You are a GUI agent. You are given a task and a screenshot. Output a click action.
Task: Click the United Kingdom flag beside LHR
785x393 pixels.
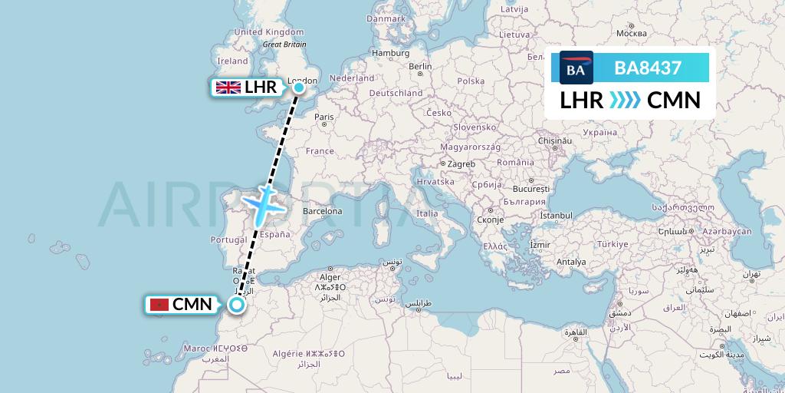coord(228,88)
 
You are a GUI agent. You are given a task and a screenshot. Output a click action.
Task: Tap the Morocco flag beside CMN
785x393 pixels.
coord(159,305)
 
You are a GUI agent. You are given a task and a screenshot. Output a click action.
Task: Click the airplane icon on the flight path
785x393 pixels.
coord(264,202)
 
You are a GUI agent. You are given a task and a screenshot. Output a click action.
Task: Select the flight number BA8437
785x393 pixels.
coord(648,68)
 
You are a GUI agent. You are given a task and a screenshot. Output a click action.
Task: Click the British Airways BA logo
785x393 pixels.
coord(576,68)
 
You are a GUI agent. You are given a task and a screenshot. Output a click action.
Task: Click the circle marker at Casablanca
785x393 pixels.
coord(238,305)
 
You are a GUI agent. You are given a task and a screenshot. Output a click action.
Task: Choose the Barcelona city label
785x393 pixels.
coord(322,210)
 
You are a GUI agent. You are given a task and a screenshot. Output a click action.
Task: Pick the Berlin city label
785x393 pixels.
coord(421,67)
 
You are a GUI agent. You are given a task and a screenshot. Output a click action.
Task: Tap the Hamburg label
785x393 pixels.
coord(391,53)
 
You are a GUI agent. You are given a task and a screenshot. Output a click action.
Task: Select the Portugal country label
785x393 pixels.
coord(228,239)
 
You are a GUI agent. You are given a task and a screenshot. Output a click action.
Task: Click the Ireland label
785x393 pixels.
coord(232,61)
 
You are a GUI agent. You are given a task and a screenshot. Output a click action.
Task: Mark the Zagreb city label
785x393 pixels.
coord(461,164)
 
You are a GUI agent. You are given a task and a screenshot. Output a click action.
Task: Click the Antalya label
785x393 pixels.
coord(571,262)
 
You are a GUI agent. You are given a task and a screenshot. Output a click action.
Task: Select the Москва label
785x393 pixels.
coord(632,34)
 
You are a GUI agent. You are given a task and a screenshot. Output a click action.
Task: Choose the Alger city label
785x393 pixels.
coord(330,277)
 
